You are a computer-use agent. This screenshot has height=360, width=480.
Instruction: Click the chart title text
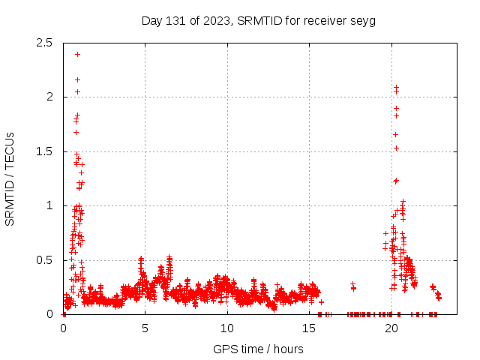tap(258, 20)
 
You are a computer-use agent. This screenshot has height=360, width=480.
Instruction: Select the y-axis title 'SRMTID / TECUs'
tap(10, 178)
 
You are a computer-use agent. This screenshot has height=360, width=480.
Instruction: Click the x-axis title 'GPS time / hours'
tap(258, 349)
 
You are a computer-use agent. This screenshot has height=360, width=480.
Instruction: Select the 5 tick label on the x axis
tap(145, 328)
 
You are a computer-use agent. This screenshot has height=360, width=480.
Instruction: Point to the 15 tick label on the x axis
tap(308, 328)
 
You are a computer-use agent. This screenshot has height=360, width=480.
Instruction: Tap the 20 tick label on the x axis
tap(391, 328)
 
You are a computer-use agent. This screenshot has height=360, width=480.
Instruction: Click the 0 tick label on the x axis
tap(63, 328)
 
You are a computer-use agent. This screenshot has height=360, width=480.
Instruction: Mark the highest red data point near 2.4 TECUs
tap(77, 54)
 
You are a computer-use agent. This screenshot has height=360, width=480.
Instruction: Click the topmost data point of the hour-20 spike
tap(396, 87)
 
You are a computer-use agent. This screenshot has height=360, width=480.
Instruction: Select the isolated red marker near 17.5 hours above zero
tap(352, 284)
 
